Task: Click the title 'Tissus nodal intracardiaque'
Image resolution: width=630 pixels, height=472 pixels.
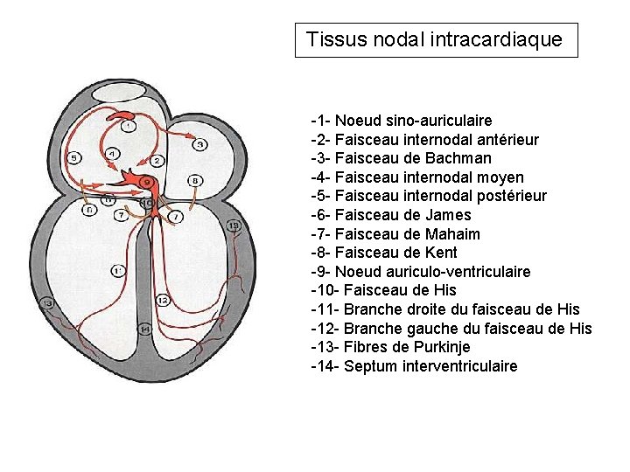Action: (x=435, y=39)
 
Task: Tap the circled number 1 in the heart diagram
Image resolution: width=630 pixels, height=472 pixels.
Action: (x=129, y=126)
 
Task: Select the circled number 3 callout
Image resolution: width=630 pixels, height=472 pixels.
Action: (x=200, y=143)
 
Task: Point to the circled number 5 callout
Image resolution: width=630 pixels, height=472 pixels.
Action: (x=74, y=158)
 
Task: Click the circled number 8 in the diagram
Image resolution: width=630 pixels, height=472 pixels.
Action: (x=196, y=180)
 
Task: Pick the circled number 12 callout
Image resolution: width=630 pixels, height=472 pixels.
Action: (x=163, y=301)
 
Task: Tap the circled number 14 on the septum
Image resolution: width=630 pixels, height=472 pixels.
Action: (x=145, y=329)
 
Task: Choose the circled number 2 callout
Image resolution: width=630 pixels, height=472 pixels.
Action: (x=157, y=161)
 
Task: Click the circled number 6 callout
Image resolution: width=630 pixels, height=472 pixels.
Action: (x=88, y=210)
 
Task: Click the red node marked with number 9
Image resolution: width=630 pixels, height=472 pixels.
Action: (x=146, y=182)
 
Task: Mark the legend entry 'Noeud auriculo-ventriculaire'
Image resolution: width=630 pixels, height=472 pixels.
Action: (x=432, y=272)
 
